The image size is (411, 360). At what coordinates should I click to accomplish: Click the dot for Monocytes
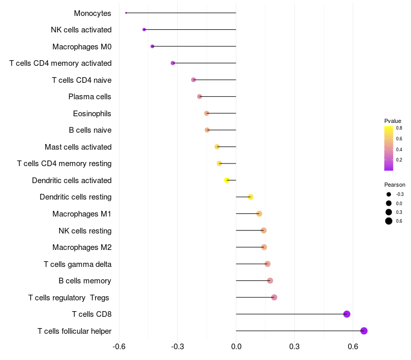[126, 13]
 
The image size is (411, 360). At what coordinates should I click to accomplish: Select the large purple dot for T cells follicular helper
[364, 331]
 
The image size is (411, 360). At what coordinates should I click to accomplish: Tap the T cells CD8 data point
[347, 314]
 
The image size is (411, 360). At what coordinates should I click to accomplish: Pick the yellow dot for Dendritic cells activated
[227, 181]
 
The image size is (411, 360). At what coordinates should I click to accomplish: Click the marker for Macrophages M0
[152, 46]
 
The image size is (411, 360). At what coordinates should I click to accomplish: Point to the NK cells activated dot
[144, 30]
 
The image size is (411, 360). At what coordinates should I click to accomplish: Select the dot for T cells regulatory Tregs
[274, 297]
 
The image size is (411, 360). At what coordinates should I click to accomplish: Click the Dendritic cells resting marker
[250, 197]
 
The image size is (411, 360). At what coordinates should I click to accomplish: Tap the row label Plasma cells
[89, 97]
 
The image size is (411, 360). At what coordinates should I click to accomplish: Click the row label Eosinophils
[92, 114]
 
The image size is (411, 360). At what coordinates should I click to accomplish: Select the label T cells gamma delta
[78, 264]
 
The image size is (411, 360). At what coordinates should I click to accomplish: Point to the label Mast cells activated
[78, 147]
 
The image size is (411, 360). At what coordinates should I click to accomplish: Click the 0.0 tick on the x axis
[236, 347]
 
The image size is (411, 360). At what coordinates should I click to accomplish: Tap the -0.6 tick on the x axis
[119, 347]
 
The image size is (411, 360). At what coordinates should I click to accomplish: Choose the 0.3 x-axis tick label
[294, 347]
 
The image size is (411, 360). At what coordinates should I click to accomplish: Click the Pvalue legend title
[393, 121]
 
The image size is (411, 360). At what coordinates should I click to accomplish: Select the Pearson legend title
[395, 185]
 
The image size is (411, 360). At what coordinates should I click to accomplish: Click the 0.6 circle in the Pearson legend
[389, 221]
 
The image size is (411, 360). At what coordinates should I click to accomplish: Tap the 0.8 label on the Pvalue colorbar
[399, 128]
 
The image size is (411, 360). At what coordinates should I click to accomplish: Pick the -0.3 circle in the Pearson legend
[389, 194]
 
